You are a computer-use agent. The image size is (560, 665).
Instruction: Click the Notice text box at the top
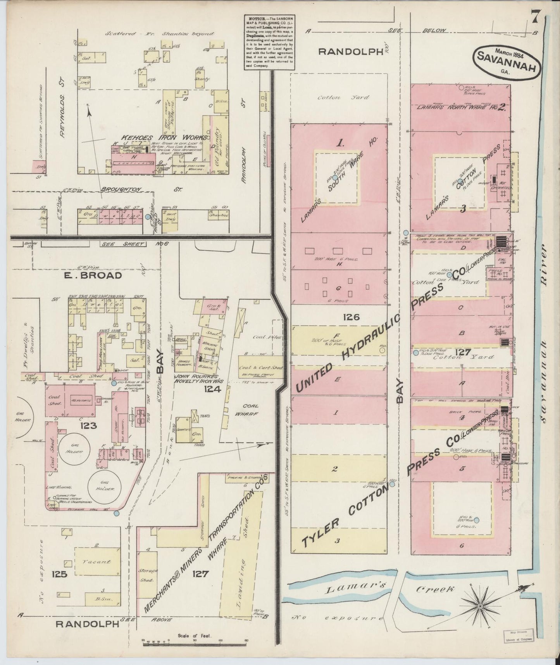[x=269, y=42]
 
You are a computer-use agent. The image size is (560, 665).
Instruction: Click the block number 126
[x=351, y=317]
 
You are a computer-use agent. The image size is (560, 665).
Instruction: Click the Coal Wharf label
[x=250, y=410]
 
